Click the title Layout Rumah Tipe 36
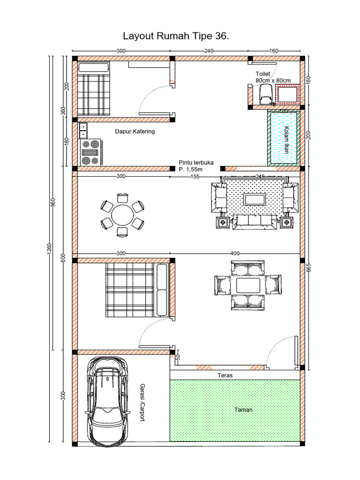point(176,36)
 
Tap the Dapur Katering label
point(135,132)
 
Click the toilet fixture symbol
point(265,94)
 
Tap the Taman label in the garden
point(243,410)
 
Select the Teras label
point(225,375)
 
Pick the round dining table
point(122,216)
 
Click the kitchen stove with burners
point(91,152)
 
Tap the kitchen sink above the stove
point(83,130)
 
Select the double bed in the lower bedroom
point(136,289)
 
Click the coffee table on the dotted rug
point(254,199)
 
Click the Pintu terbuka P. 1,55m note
point(196,165)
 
